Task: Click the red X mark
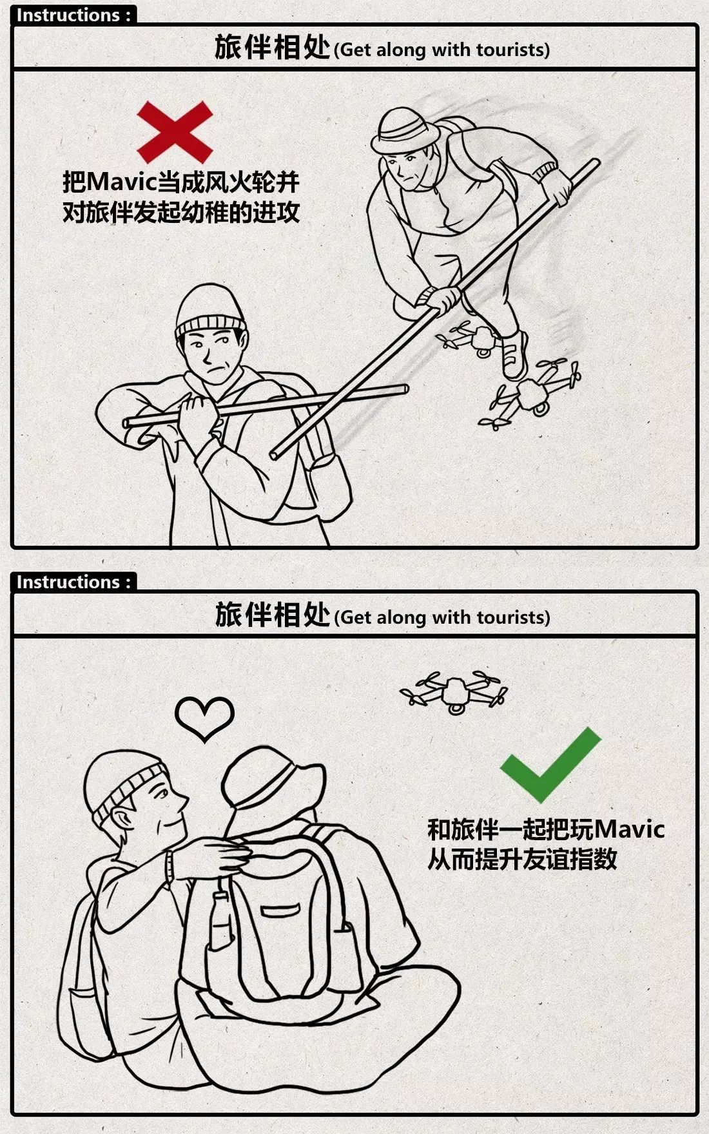pos(175,131)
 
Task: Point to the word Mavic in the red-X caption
pos(122,182)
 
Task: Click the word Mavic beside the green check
pos(628,829)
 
